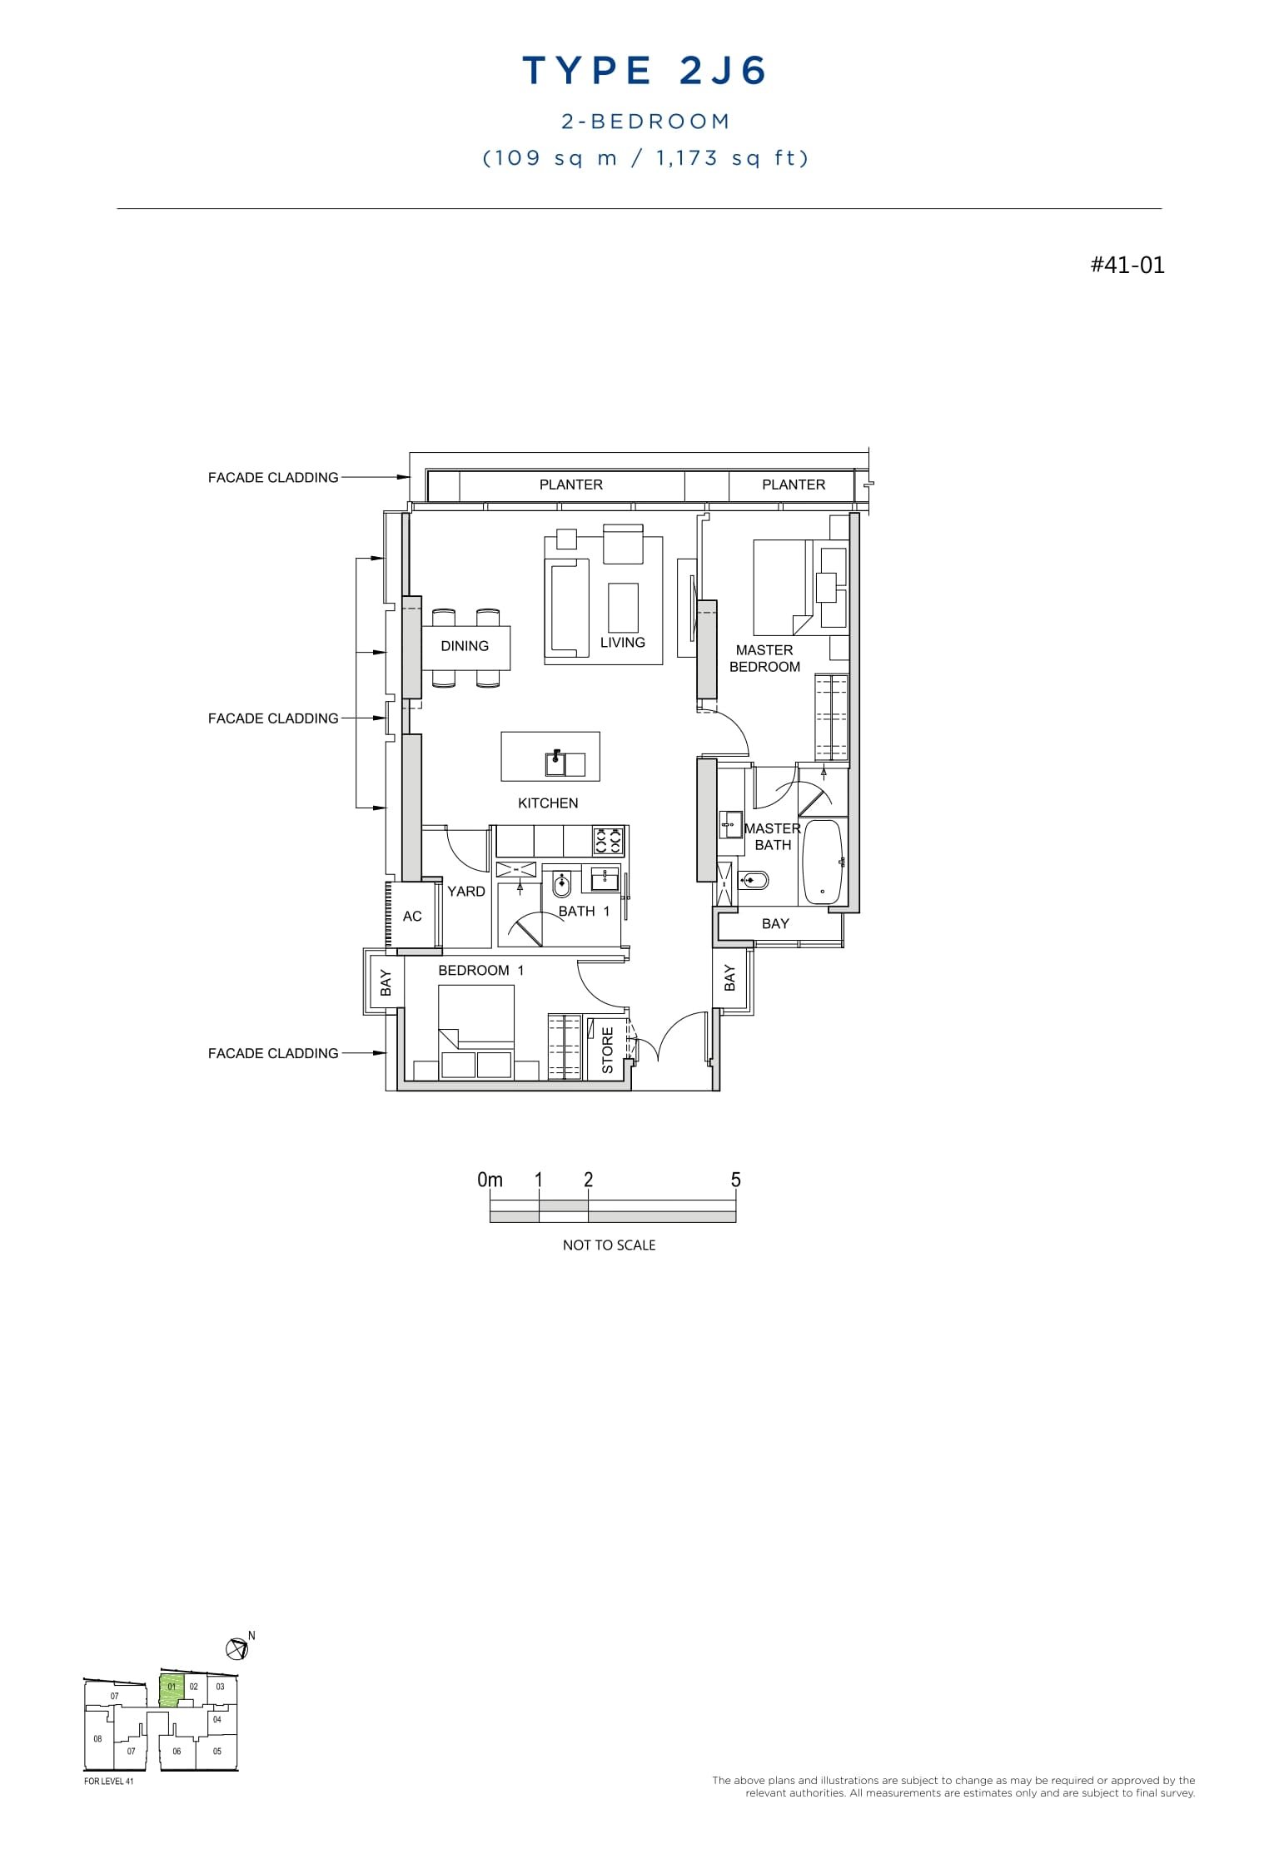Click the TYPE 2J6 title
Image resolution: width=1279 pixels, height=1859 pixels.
(x=644, y=72)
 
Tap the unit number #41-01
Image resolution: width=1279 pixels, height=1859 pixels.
(x=1127, y=266)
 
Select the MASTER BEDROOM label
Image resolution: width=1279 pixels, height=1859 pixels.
(x=764, y=659)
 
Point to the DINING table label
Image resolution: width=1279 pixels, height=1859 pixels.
(x=465, y=646)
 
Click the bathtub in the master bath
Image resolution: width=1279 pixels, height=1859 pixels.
(x=822, y=862)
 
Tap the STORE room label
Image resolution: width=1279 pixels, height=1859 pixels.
(x=607, y=1050)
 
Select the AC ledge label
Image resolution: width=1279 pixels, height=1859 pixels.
(x=412, y=917)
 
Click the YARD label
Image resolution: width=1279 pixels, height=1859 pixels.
(x=465, y=892)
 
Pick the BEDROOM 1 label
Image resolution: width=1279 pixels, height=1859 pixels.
(x=480, y=971)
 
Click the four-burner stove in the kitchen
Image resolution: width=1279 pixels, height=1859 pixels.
(x=608, y=841)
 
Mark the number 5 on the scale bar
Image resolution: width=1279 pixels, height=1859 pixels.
(x=735, y=1180)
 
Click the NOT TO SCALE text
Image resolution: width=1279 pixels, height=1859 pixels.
(x=609, y=1245)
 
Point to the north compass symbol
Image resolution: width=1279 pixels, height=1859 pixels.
(x=236, y=1648)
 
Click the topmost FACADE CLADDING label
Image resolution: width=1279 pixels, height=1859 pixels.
(x=273, y=478)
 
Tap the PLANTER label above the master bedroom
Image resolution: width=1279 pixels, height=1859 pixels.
(x=793, y=485)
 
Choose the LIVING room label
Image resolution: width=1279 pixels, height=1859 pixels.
(x=622, y=643)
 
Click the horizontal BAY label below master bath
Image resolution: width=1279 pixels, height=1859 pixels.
(x=774, y=924)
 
